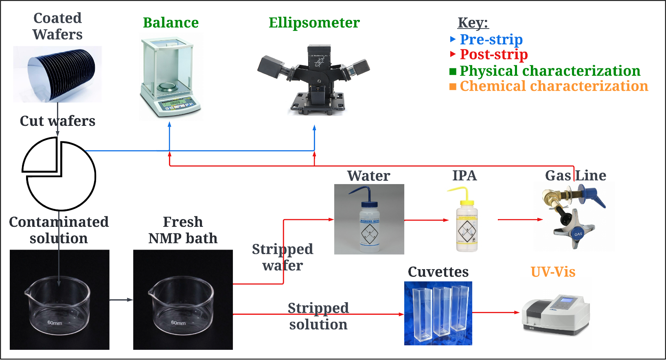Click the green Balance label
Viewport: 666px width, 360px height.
click(x=171, y=23)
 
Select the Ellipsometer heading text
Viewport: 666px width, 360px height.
click(x=314, y=23)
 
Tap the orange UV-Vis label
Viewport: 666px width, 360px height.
click(x=553, y=272)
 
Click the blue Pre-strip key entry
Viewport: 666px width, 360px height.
click(x=491, y=40)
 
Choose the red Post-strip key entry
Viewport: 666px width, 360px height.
click(x=493, y=54)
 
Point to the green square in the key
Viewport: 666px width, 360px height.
click(x=453, y=72)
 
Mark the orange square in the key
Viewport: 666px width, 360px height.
click(x=453, y=87)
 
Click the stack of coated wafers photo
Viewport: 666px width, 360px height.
click(x=57, y=74)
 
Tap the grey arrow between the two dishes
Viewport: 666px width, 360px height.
click(x=121, y=300)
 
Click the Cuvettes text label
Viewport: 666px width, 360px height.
click(x=438, y=272)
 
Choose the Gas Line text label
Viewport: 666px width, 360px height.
click(x=575, y=176)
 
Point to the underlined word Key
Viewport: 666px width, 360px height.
click(x=472, y=23)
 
